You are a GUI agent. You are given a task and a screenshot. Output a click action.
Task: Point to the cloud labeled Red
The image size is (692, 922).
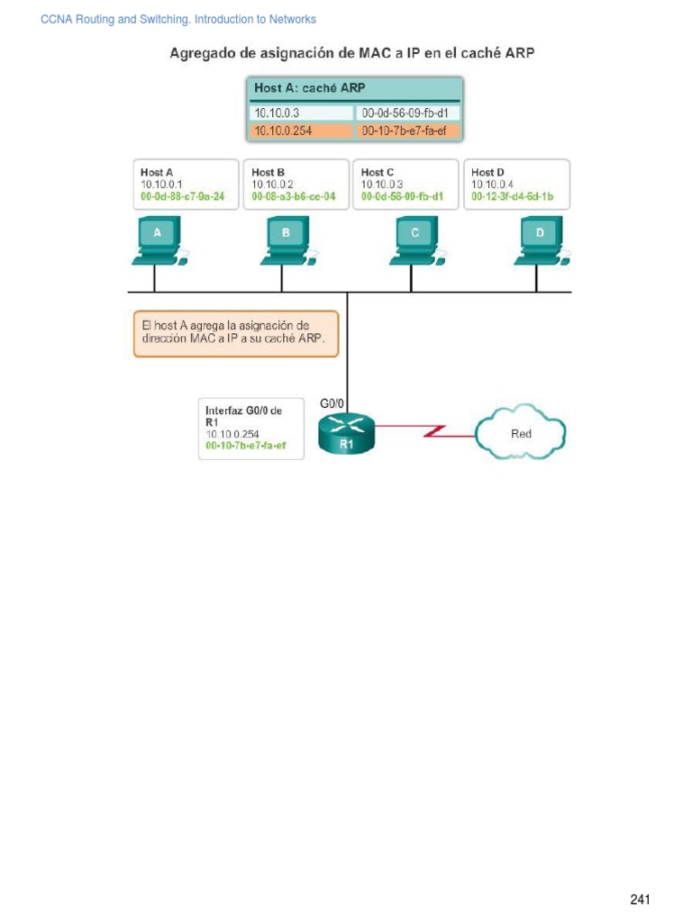point(522,434)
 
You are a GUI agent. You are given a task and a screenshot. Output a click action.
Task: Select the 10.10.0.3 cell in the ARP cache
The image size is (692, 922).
point(301,113)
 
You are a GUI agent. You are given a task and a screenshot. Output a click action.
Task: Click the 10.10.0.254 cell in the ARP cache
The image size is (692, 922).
point(301,131)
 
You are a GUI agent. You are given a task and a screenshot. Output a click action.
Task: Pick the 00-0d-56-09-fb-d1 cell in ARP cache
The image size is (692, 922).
point(409,113)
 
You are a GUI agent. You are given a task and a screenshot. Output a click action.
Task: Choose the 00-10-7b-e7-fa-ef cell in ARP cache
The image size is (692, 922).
point(409,131)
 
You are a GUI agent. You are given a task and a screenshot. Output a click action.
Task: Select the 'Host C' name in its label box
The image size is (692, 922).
point(378,172)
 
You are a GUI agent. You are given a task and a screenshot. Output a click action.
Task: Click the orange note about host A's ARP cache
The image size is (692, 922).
point(236,334)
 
